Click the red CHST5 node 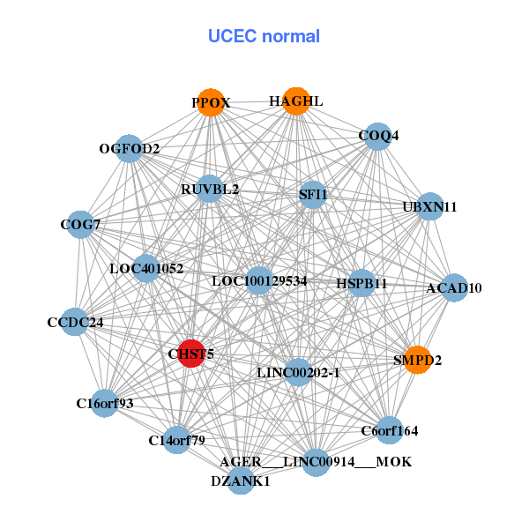191,354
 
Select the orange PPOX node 210,103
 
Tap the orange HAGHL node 295,101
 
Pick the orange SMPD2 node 417,360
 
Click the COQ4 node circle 377,136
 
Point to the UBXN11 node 429,207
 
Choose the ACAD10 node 453,287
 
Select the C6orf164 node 389,430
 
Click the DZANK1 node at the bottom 241,481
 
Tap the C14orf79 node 176,439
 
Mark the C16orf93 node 105,404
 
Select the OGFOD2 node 130,148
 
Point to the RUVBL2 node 210,189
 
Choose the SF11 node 313,194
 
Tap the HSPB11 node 361,283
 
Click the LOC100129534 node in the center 259,281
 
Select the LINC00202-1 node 298,373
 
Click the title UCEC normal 264,36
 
